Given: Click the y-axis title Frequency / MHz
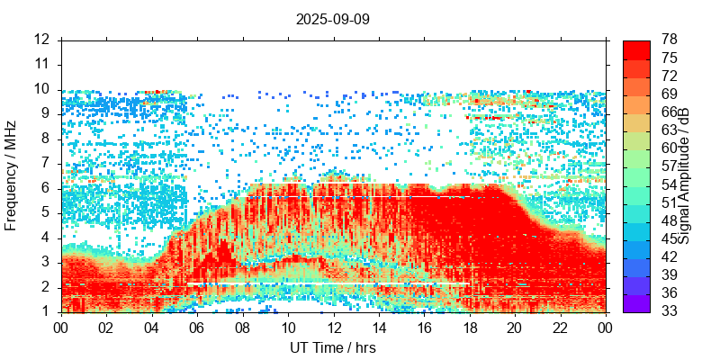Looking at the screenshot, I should coord(12,175).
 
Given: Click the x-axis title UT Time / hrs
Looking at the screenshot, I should coord(333,347).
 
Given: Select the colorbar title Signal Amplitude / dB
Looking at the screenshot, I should coord(685,175).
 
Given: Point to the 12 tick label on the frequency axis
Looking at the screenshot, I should coord(41,40).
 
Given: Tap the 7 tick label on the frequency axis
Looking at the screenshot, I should coord(45,163).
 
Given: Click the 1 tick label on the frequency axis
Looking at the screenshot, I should coord(45,311).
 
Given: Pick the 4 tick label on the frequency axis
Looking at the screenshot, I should coord(45,238).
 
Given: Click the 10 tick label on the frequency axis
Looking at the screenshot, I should coord(41,89).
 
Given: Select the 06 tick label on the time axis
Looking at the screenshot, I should coord(197,328).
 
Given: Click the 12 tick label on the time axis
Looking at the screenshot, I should coord(333,328).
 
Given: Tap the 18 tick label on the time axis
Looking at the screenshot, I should coord(469,328).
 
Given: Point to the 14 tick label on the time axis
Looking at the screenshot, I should coord(378,328).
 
